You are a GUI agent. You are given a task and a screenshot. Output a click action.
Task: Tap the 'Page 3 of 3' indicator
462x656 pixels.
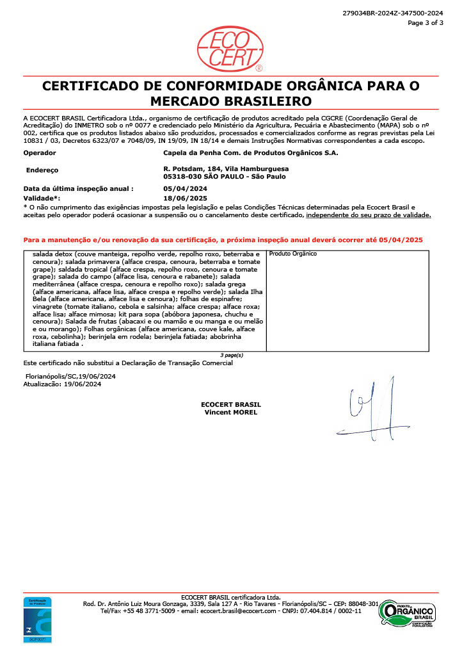pyautogui.click(x=426, y=22)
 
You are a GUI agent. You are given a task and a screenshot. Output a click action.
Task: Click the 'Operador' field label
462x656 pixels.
pyautogui.click(x=40, y=153)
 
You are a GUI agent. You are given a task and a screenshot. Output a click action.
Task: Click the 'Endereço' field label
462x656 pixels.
pyautogui.click(x=42, y=170)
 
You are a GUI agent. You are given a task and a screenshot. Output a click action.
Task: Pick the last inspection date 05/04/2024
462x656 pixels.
pyautogui.click(x=186, y=189)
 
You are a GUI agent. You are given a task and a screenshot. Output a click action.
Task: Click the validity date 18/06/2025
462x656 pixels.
pyautogui.click(x=186, y=199)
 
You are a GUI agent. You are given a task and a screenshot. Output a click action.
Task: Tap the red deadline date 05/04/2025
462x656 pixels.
pyautogui.click(x=401, y=239)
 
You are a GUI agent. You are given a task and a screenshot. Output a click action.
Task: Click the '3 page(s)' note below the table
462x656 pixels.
pyautogui.click(x=231, y=354)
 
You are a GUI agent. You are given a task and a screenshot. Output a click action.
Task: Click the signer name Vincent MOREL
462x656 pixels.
pyautogui.click(x=230, y=412)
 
